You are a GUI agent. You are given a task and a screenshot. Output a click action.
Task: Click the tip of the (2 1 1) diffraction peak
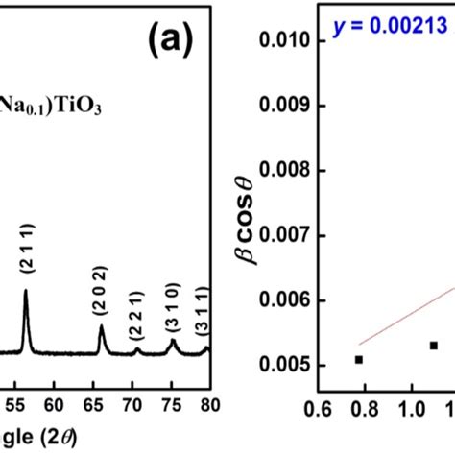click(x=25, y=291)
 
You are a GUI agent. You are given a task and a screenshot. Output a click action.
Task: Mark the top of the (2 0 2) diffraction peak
click(x=101, y=326)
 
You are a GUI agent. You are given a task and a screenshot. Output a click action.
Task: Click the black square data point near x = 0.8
click(x=359, y=360)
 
